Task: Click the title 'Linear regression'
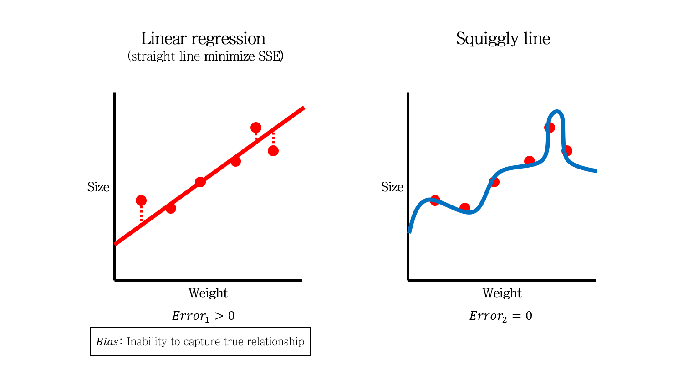(203, 39)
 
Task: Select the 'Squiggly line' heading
(503, 39)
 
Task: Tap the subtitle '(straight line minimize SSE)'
(205, 57)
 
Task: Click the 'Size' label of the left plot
(98, 187)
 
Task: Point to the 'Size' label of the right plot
(392, 187)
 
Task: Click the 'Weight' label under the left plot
(208, 293)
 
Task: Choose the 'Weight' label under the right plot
(502, 293)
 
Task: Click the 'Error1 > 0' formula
(203, 316)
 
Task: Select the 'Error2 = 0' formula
(500, 316)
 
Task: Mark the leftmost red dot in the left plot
(141, 200)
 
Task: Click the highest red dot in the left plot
(256, 128)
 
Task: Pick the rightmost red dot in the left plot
(273, 151)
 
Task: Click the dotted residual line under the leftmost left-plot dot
(141, 213)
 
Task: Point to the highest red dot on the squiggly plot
(550, 128)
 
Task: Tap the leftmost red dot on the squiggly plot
(435, 200)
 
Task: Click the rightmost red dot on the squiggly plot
(567, 151)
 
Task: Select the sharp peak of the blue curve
(556, 112)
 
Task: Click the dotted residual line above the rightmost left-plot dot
(273, 138)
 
